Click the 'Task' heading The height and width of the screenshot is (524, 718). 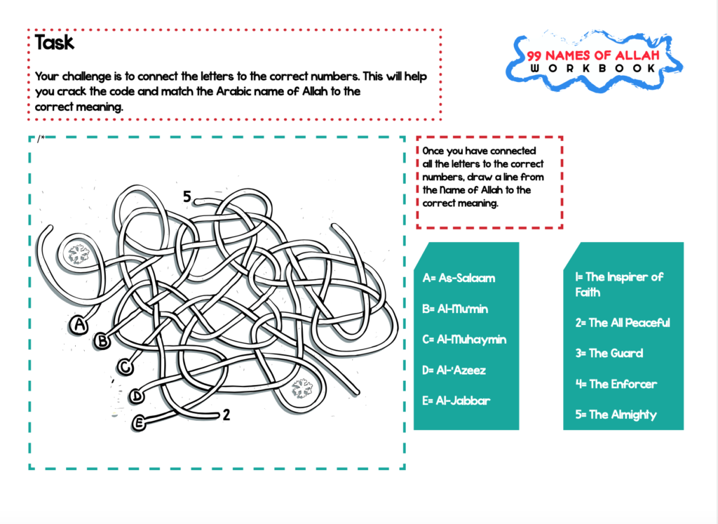point(55,43)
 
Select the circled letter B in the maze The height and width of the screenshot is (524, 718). point(102,341)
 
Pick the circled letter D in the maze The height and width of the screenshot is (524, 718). point(137,396)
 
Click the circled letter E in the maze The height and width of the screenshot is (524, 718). point(140,422)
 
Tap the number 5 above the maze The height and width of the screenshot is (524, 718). point(187,197)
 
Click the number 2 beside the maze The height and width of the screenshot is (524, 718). point(226,415)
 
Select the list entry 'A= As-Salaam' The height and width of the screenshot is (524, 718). point(459,278)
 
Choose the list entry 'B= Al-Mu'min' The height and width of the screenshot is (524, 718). point(455,309)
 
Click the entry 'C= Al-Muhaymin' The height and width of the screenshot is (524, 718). point(464,340)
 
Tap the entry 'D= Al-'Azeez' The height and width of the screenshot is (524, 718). point(454,370)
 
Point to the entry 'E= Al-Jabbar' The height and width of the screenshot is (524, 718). point(456,401)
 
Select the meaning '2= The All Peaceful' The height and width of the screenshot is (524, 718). point(622,323)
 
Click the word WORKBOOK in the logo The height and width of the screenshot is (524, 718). point(593,68)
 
